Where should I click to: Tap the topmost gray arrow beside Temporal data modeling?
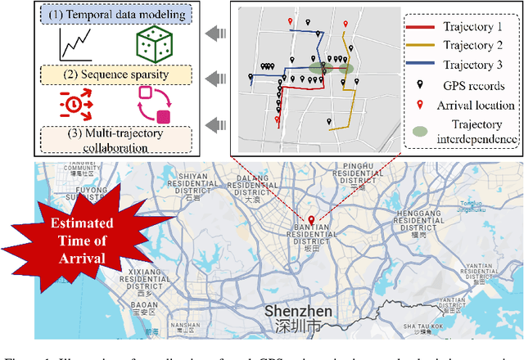click(215, 34)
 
